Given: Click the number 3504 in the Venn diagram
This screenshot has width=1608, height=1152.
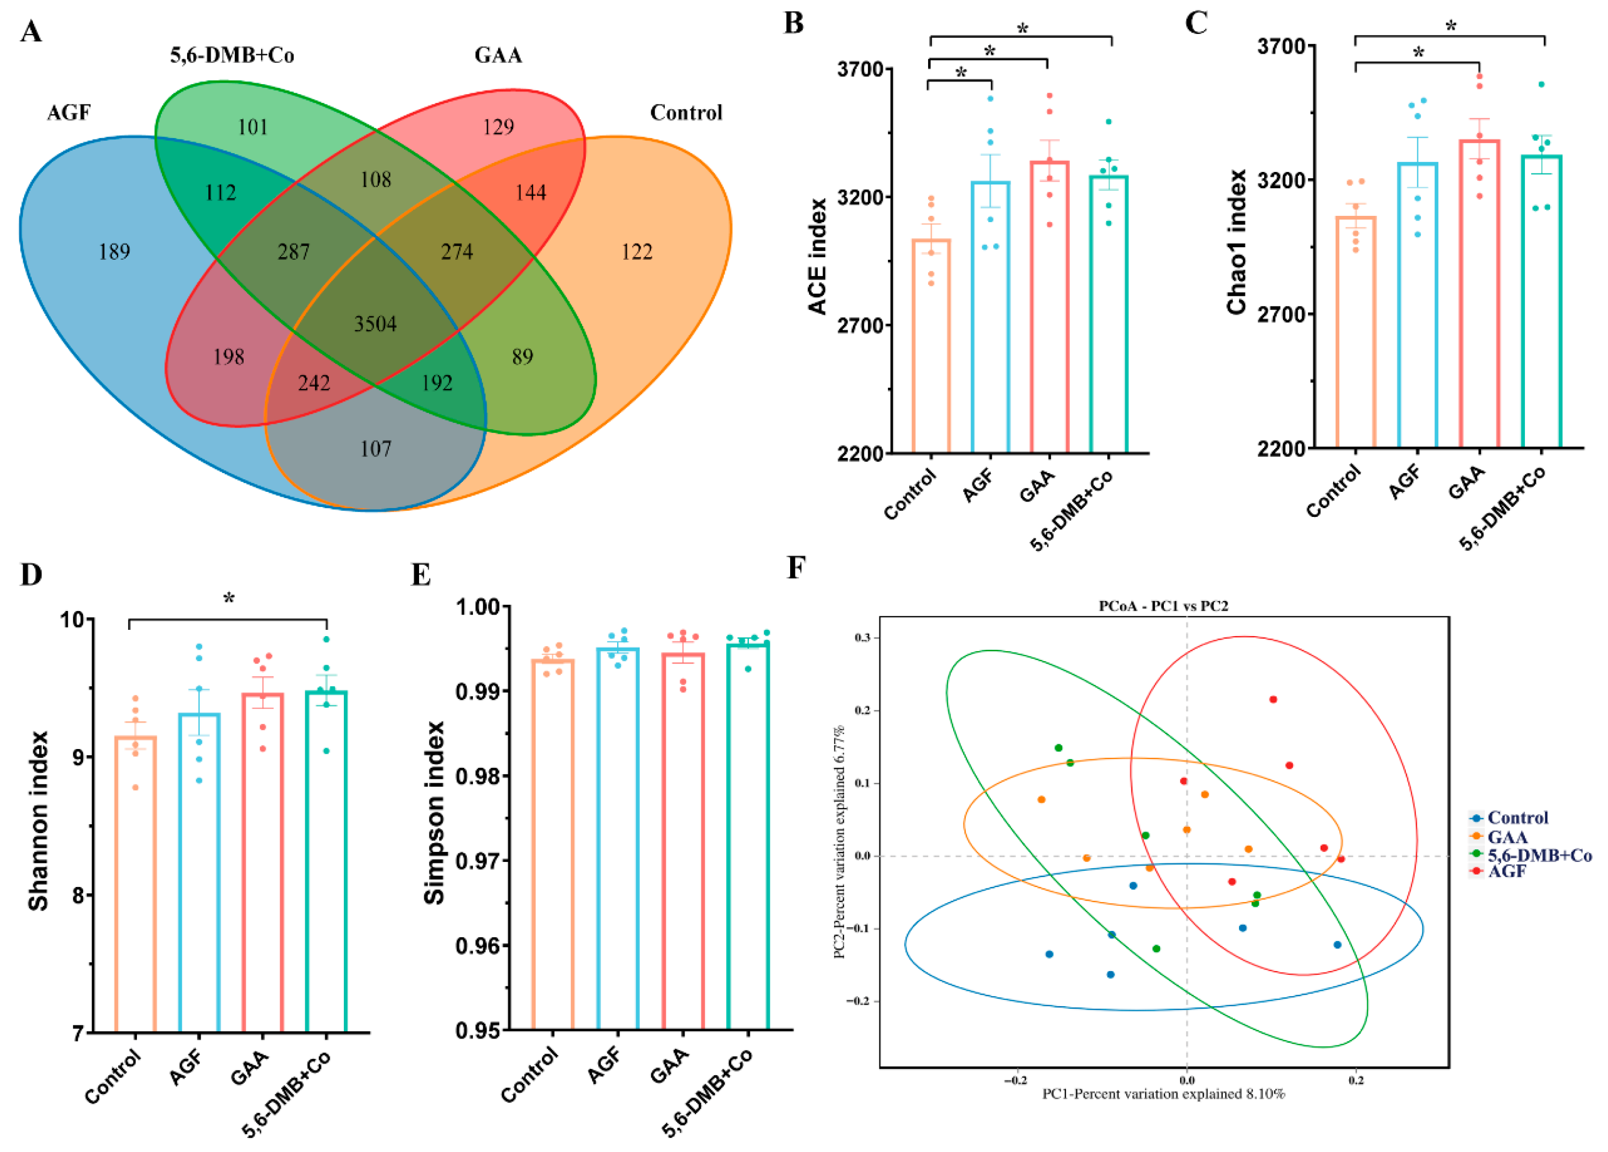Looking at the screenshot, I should pyautogui.click(x=375, y=324).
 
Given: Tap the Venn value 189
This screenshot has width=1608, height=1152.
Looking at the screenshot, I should pyautogui.click(x=114, y=251).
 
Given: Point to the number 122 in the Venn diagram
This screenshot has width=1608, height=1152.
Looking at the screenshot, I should pyautogui.click(x=636, y=251).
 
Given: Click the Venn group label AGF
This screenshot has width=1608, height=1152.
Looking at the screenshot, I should pyautogui.click(x=69, y=113).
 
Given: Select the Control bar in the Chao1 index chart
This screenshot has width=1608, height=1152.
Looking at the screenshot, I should pyautogui.click(x=1356, y=333).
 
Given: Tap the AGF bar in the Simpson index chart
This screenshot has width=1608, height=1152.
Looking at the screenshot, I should pyautogui.click(x=618, y=840).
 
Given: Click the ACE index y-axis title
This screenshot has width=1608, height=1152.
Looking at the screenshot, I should pyautogui.click(x=817, y=257).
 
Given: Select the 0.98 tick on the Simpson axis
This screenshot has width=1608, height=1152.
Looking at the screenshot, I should pyautogui.click(x=479, y=776).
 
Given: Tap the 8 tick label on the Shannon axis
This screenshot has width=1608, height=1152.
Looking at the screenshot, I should pyautogui.click(x=79, y=895).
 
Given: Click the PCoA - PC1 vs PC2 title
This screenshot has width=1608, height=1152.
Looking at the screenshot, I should pyautogui.click(x=1163, y=606).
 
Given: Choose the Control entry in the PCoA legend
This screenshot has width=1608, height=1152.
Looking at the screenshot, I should pyautogui.click(x=1517, y=817).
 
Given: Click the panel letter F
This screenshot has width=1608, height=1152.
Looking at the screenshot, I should pyautogui.click(x=796, y=568).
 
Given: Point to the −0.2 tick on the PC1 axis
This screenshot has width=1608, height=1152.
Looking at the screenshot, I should pyautogui.click(x=1015, y=1081).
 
